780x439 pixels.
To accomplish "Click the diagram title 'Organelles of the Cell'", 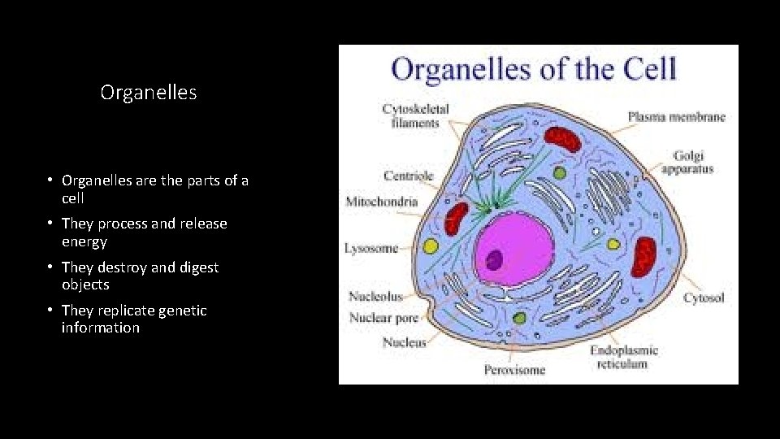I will point(533,69).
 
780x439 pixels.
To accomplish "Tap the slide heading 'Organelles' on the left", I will point(149,93).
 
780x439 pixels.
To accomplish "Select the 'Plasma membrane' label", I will point(676,117).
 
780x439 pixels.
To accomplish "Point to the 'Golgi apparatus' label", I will point(687,162).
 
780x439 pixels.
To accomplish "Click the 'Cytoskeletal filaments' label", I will point(415,115).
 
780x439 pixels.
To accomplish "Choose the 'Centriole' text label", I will point(409,176).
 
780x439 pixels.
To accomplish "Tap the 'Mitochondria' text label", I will point(382,202).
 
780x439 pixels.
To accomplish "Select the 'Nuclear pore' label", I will point(383,318).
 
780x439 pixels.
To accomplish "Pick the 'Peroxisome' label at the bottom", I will point(515,370).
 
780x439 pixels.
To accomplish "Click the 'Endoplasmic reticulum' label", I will point(624,357).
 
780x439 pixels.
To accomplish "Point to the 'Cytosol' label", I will point(703,298).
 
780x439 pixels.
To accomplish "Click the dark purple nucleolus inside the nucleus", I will point(493,259).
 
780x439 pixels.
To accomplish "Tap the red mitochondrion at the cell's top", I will point(562,139).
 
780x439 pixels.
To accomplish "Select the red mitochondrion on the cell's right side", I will point(645,254).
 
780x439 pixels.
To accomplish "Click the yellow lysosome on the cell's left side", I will point(431,246).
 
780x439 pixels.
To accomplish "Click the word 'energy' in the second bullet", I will point(84,241).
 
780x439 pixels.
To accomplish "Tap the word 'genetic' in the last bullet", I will point(184,311).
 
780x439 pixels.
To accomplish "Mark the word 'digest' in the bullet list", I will point(197,267).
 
